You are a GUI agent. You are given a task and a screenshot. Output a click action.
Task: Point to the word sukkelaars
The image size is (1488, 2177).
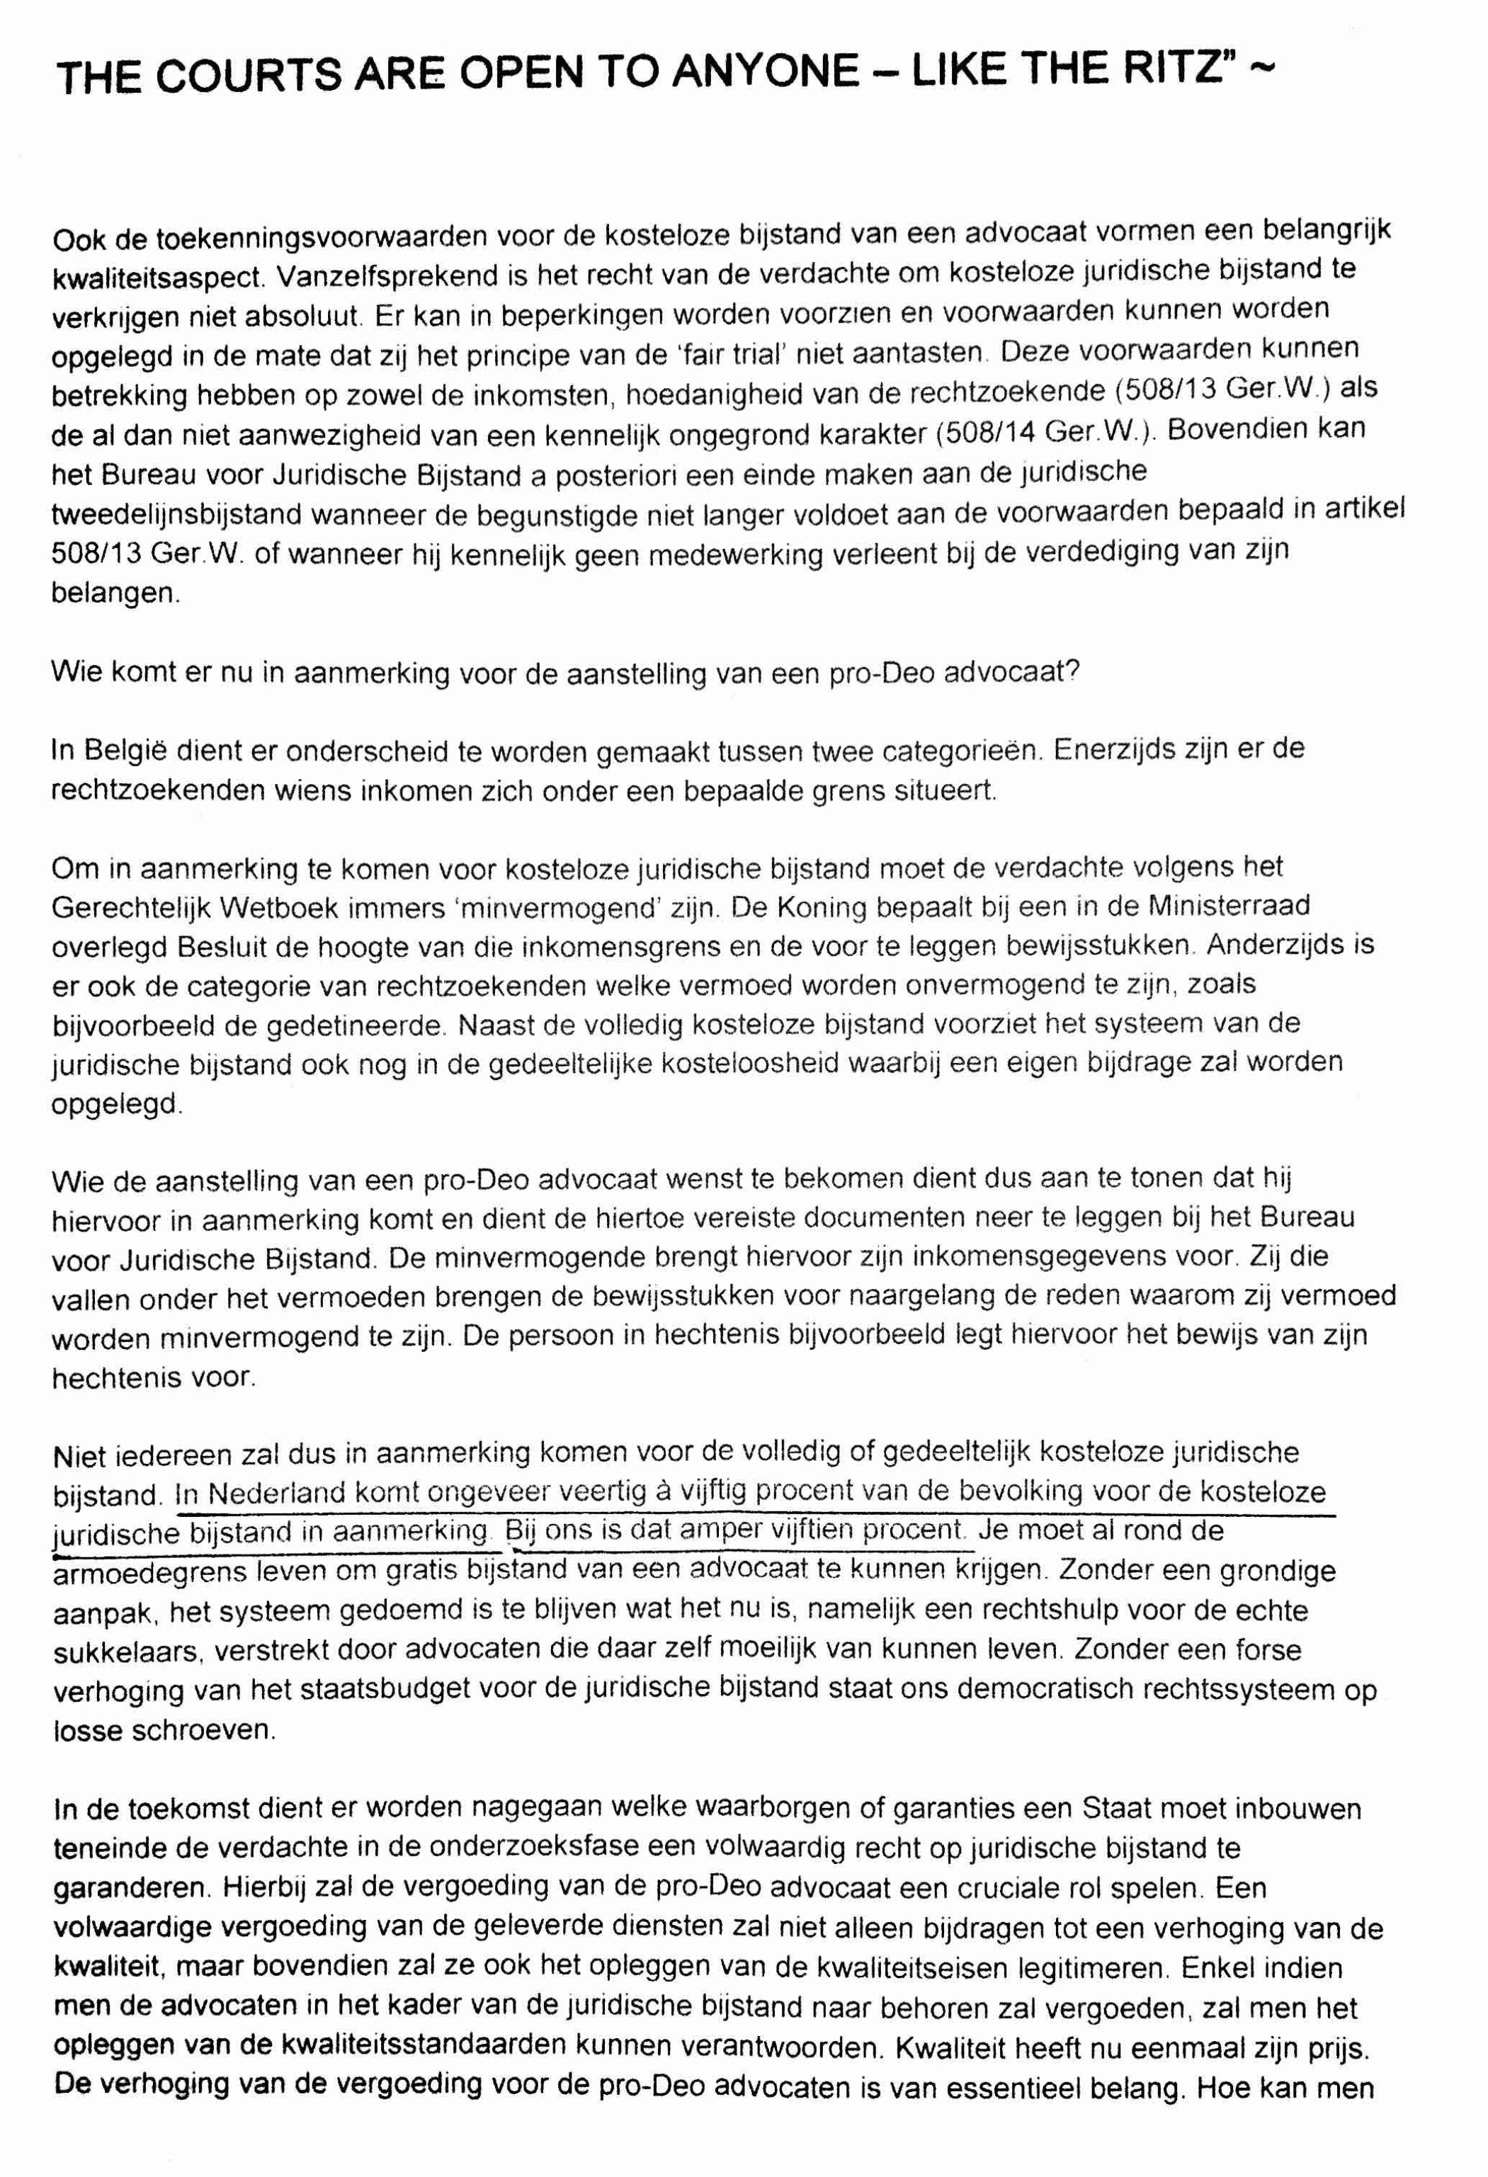[125, 1652]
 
